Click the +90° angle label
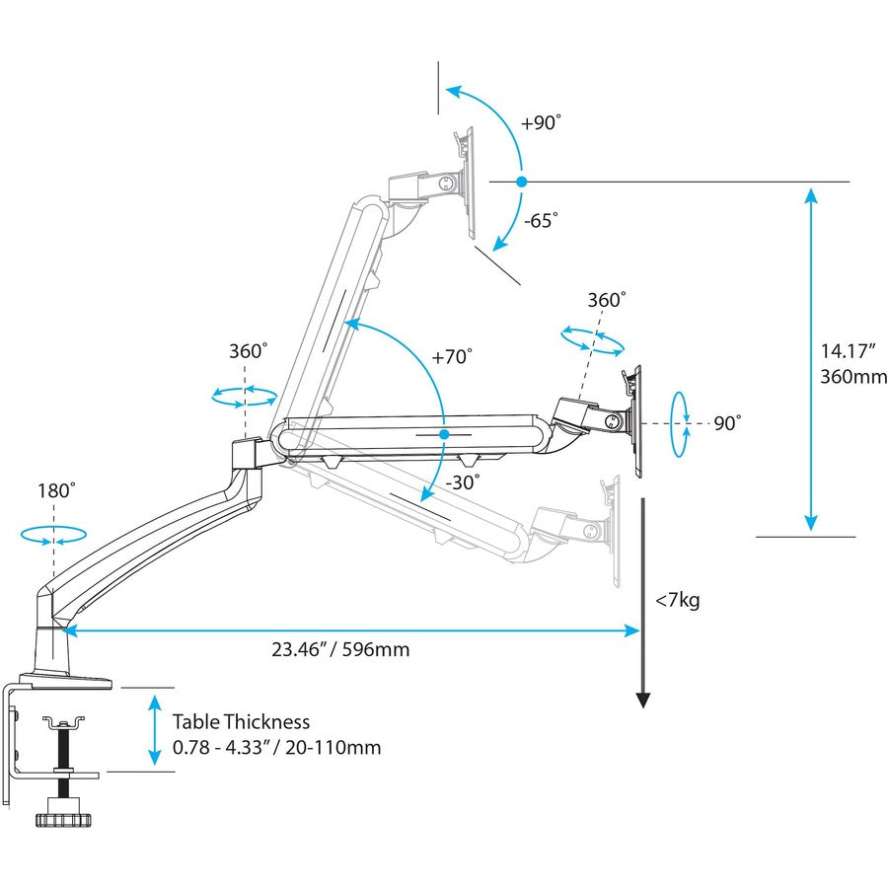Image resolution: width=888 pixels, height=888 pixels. point(541,123)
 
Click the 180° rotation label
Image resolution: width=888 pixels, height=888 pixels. point(56,490)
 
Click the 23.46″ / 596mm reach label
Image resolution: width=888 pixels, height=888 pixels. point(340,649)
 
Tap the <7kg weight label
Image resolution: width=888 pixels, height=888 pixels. point(677,600)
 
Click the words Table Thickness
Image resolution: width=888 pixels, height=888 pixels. point(241,722)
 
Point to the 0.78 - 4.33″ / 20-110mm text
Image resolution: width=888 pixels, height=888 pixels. point(276,748)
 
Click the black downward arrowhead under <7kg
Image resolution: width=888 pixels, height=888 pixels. point(642,701)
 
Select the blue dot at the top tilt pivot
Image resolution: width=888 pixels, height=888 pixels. point(521,182)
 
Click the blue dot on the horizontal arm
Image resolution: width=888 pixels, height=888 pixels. point(444,434)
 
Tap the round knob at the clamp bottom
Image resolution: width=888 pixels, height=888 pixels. point(60,818)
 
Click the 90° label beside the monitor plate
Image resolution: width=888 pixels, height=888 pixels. point(727,422)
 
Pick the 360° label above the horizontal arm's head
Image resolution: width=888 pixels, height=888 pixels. point(606,300)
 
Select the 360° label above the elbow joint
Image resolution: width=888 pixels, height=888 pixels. point(248,351)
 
